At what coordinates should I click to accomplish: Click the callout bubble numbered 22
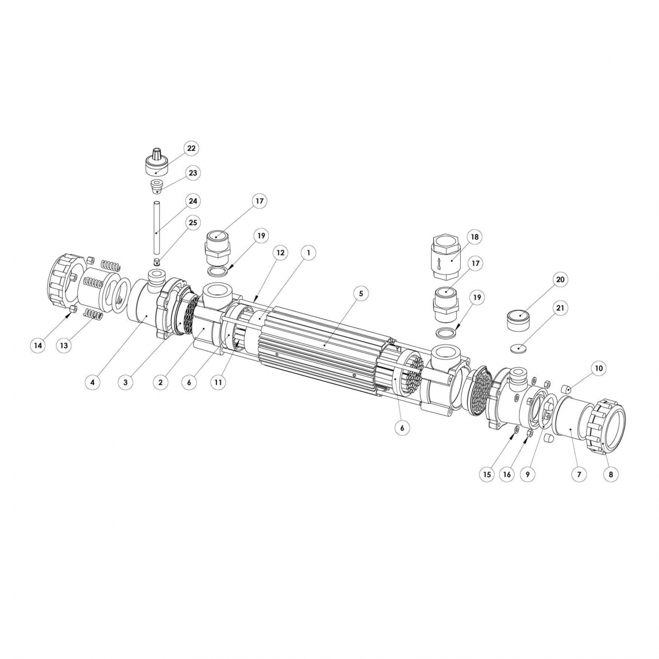(191, 148)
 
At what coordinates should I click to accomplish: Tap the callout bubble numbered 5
(361, 293)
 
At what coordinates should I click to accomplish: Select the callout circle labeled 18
(474, 237)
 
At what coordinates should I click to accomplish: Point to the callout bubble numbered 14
(38, 345)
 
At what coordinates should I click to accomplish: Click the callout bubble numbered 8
(611, 474)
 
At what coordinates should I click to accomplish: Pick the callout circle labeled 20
(560, 280)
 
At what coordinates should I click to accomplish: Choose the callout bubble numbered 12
(281, 253)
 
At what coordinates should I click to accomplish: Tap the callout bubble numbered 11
(218, 382)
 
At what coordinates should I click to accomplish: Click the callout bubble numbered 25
(193, 222)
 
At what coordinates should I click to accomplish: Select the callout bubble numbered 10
(598, 368)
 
